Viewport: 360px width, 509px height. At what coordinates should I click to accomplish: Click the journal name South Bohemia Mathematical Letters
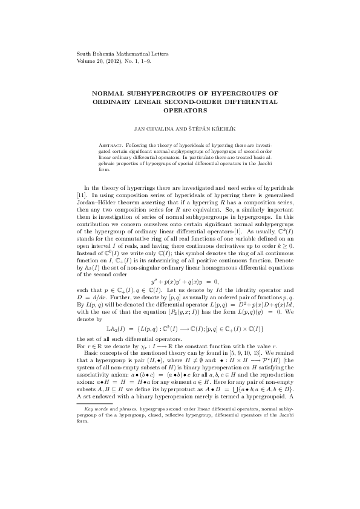click(122, 54)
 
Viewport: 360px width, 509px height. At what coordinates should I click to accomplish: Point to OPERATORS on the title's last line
click(180, 111)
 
